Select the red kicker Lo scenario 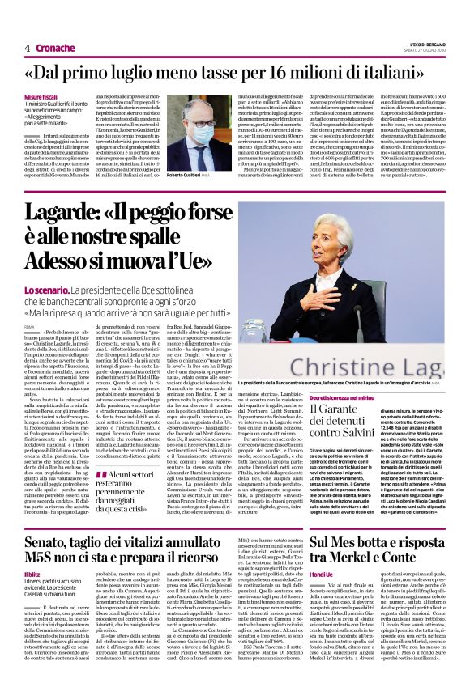coord(46,290)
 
